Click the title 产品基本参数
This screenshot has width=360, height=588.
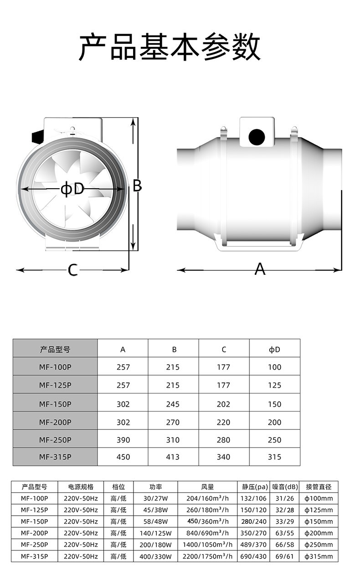click(x=170, y=47)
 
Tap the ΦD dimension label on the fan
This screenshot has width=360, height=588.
click(x=72, y=189)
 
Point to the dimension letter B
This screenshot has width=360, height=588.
click(x=137, y=186)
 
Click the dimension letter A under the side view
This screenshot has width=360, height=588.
click(x=260, y=269)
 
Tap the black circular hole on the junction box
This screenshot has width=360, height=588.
click(x=257, y=137)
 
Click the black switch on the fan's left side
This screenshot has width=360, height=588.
click(x=37, y=136)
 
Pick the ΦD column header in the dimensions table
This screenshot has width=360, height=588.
click(x=274, y=350)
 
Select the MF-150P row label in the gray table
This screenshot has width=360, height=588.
click(x=55, y=404)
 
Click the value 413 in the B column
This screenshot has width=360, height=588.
click(x=173, y=457)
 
